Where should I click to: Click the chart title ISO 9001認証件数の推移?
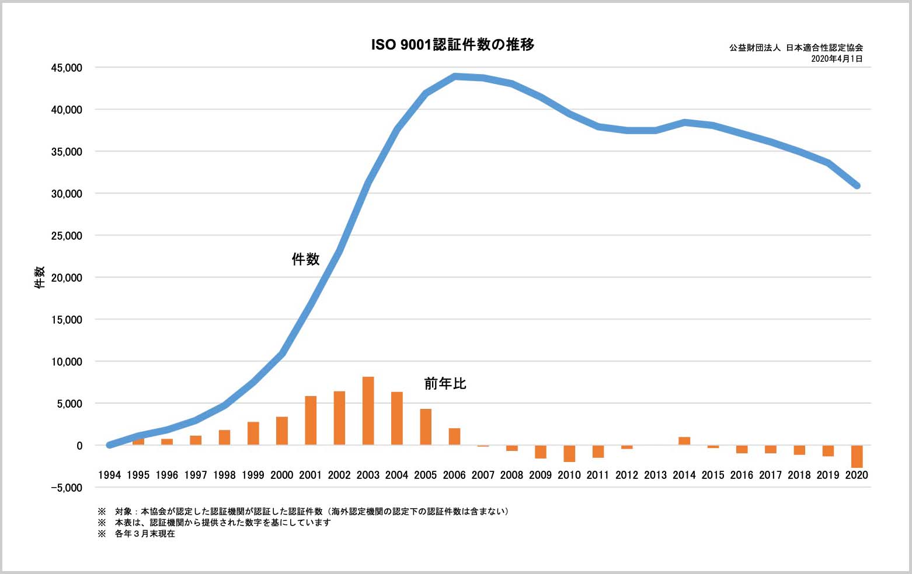[452, 45]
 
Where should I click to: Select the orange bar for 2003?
[368, 411]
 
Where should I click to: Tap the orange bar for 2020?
[857, 456]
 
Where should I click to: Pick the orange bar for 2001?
[311, 421]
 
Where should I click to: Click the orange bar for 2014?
[684, 441]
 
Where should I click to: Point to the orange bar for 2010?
[569, 453]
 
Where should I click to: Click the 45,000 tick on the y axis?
[67, 68]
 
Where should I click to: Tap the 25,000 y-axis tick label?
[67, 236]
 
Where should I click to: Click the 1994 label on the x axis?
[109, 475]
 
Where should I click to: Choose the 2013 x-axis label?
[655, 475]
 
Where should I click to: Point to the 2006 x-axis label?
[454, 475]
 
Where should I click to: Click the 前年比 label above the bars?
[445, 383]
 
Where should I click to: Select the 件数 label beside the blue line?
[305, 259]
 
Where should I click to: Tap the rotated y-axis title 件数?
[40, 278]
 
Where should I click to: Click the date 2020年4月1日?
[837, 59]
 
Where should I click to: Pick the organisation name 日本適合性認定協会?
[824, 48]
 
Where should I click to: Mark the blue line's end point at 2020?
[857, 185]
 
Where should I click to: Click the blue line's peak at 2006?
[455, 76]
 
